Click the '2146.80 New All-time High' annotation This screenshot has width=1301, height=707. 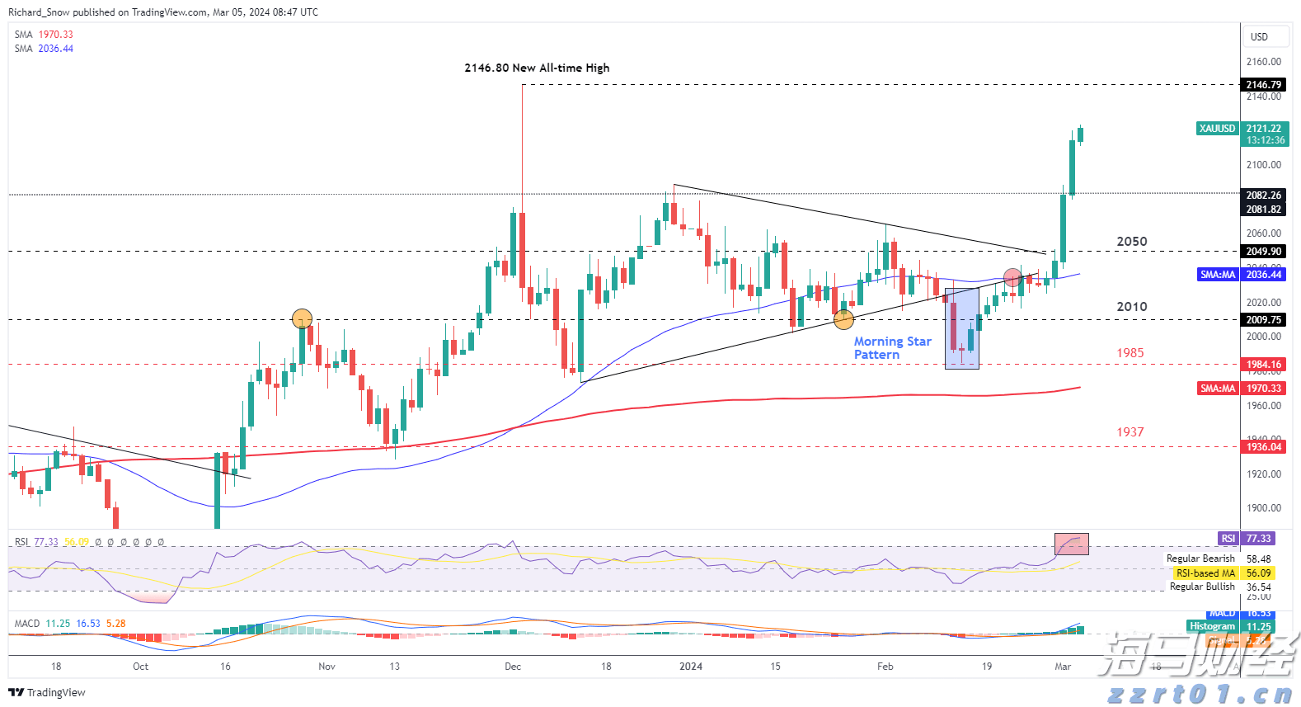click(x=537, y=68)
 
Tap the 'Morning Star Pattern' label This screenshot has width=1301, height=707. click(x=892, y=348)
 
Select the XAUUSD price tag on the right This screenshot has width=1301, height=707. click(x=1217, y=129)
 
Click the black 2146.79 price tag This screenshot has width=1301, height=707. click(x=1263, y=85)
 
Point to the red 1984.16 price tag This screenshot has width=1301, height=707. click(x=1263, y=365)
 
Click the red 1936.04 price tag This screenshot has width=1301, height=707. click(x=1263, y=447)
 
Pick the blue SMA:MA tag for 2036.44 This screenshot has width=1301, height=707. click(x=1218, y=275)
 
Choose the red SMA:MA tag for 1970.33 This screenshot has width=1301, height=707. click(x=1218, y=389)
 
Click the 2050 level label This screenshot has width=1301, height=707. click(x=1131, y=242)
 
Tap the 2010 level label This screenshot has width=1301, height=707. click(x=1131, y=307)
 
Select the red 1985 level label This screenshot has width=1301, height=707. click(x=1130, y=353)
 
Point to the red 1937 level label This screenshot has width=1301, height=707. click(x=1130, y=432)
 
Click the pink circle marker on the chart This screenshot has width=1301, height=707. click(x=1013, y=278)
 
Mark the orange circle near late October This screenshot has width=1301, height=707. click(x=303, y=318)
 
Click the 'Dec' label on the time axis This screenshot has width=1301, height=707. click(x=513, y=667)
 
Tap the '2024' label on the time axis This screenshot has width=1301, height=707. click(x=691, y=667)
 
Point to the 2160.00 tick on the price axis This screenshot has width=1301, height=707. click(x=1263, y=62)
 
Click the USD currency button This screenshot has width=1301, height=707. click(x=1259, y=37)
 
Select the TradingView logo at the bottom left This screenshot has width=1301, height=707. click(x=47, y=692)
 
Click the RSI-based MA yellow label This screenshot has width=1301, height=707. click(x=1205, y=573)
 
